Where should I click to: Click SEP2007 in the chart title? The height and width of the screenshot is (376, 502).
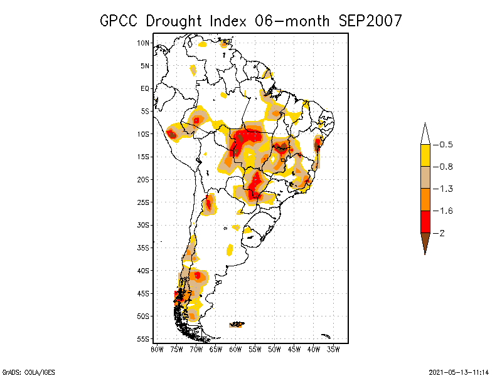click(x=370, y=21)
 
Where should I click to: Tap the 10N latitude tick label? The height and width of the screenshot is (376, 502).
click(x=143, y=43)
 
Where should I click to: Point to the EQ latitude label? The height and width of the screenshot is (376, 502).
click(x=144, y=88)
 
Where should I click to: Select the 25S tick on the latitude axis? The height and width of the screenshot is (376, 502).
click(x=143, y=202)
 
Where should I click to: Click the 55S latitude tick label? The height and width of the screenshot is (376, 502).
click(x=143, y=339)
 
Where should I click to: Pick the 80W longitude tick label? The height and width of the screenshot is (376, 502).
click(x=156, y=349)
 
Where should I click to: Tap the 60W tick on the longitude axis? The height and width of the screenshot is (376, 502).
click(x=235, y=349)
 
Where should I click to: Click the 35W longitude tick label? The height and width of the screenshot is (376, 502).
click(x=334, y=349)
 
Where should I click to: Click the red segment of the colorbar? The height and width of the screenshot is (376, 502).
click(x=425, y=221)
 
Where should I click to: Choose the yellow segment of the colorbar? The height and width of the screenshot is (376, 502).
click(x=425, y=155)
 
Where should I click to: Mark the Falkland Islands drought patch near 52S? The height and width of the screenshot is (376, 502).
click(x=237, y=324)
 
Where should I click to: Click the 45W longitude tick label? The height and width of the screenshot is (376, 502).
click(x=294, y=349)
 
